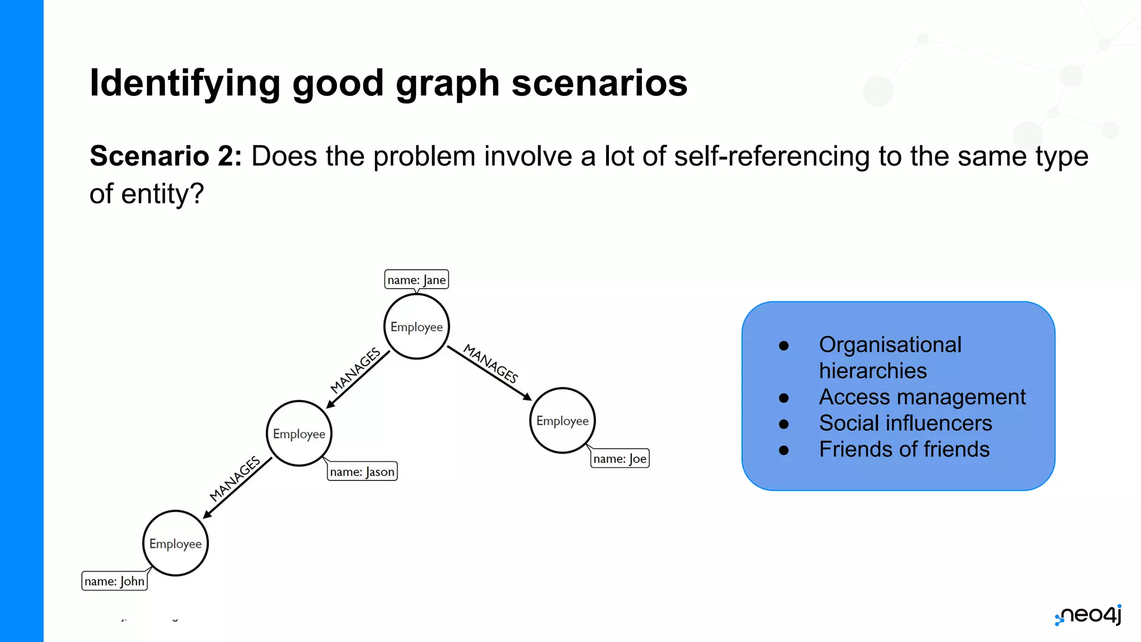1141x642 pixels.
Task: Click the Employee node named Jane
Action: tap(417, 327)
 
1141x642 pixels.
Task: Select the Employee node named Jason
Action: tap(299, 434)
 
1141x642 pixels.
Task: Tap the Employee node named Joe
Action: tap(562, 421)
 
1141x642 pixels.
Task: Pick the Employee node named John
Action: tap(175, 543)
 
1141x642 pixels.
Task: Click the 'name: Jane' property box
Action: tap(416, 280)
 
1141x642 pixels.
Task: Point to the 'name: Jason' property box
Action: tap(362, 471)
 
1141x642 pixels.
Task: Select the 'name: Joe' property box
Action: tap(620, 459)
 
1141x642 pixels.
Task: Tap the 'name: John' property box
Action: tap(114, 581)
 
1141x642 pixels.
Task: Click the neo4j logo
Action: tap(1089, 615)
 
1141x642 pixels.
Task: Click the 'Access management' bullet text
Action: tap(922, 397)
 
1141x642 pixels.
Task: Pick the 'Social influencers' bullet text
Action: tap(905, 423)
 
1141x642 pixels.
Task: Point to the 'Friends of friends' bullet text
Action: tap(904, 449)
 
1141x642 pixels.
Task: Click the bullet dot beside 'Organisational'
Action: tap(784, 346)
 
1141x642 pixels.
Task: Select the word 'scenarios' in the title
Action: tap(599, 82)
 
